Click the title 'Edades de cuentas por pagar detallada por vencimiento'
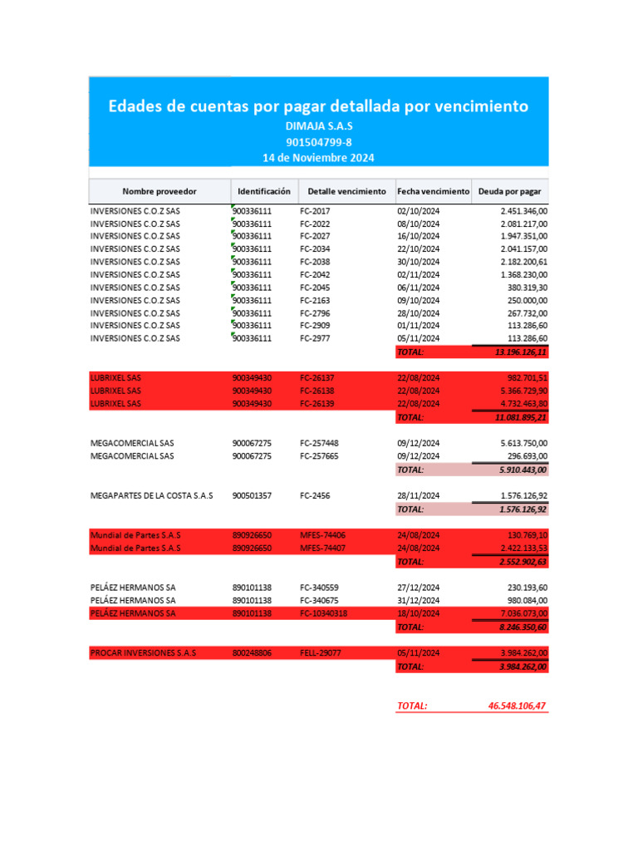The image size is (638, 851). pyautogui.click(x=318, y=107)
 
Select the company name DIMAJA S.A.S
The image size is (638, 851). pyautogui.click(x=318, y=126)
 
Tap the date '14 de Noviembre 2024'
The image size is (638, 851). pyautogui.click(x=318, y=157)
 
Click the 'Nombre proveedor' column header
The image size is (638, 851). pyautogui.click(x=159, y=191)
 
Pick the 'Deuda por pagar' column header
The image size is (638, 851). pyautogui.click(x=509, y=191)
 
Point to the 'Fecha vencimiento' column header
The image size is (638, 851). pyautogui.click(x=433, y=191)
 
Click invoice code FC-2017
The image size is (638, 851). pyautogui.click(x=315, y=211)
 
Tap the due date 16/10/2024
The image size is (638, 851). pyautogui.click(x=418, y=237)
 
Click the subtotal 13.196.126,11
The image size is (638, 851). pyautogui.click(x=521, y=352)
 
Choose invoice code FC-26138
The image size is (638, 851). pyautogui.click(x=317, y=391)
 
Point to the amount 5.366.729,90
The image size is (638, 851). pyautogui.click(x=523, y=391)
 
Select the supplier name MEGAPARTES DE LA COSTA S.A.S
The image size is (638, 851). pyautogui.click(x=151, y=495)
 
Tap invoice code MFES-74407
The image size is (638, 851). pyautogui.click(x=323, y=548)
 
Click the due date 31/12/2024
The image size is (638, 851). pyautogui.click(x=418, y=600)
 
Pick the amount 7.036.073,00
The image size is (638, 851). pyautogui.click(x=523, y=613)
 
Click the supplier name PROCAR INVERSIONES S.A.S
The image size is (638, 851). pyautogui.click(x=143, y=653)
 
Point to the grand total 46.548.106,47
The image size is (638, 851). pyautogui.click(x=518, y=706)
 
